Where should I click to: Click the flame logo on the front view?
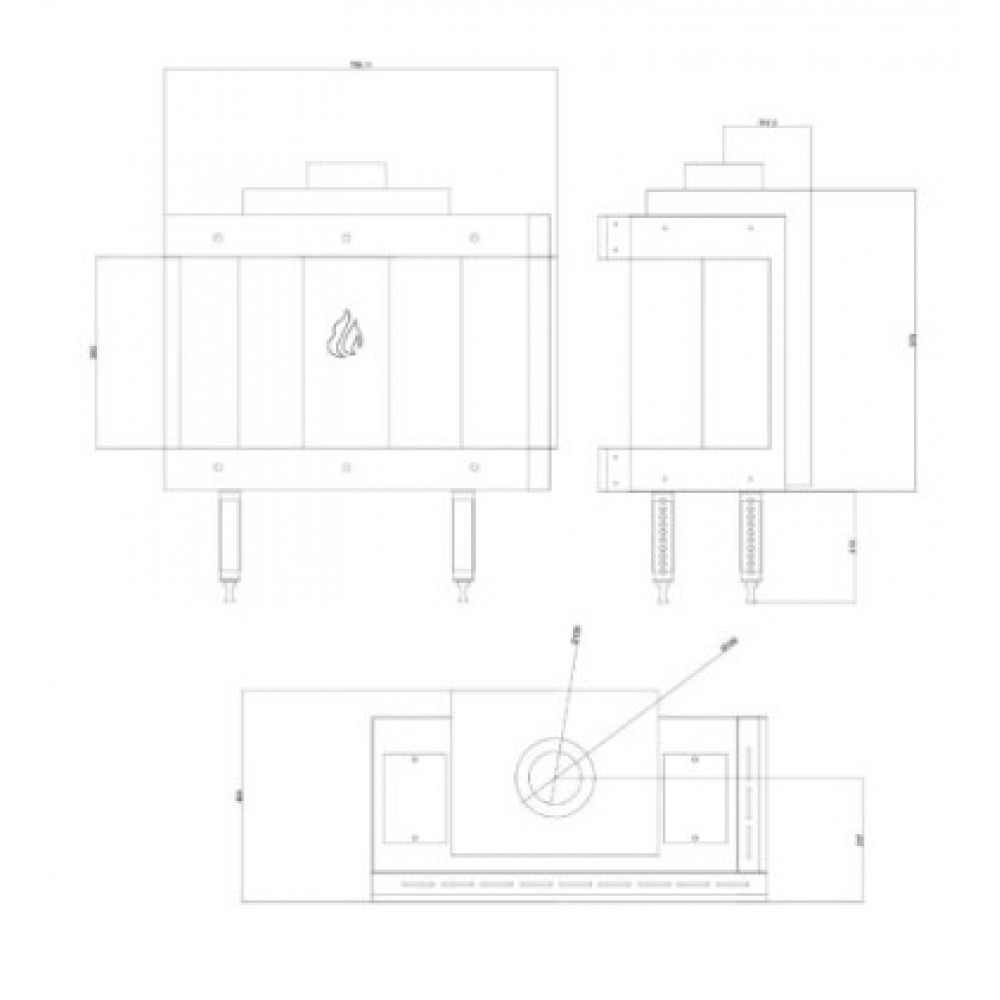(x=344, y=334)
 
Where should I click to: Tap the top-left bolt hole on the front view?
(x=218, y=238)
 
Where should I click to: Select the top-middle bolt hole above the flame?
(x=345, y=238)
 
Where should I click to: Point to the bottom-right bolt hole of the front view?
(x=473, y=466)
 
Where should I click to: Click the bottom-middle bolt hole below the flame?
(x=345, y=466)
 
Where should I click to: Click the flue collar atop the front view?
(x=345, y=175)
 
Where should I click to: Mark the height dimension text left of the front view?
(x=93, y=352)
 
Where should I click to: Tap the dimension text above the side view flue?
(x=768, y=124)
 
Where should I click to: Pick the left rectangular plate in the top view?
(x=415, y=796)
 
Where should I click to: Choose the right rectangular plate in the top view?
(x=695, y=796)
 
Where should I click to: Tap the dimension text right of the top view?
(x=861, y=840)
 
